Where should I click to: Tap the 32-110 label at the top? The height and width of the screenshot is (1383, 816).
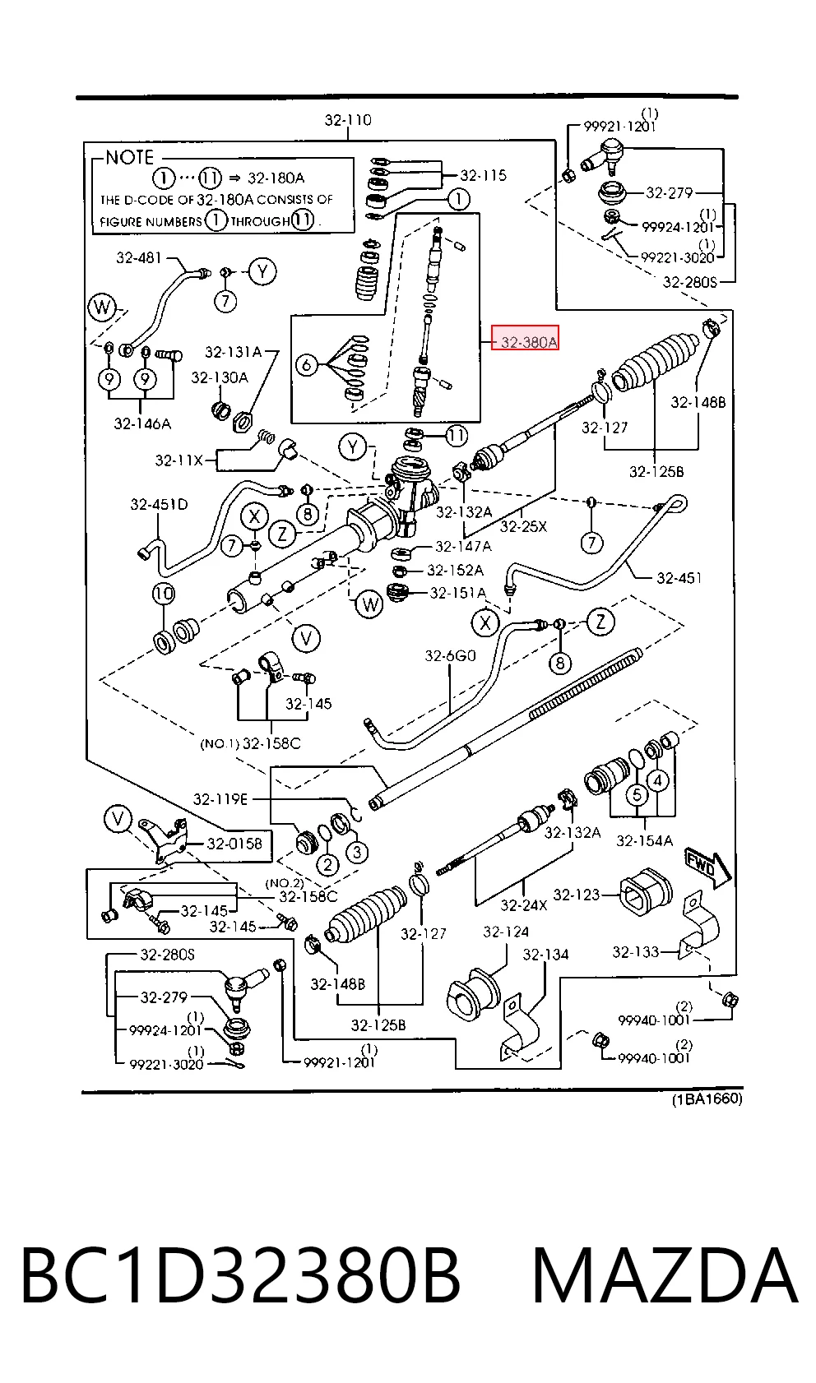tap(348, 120)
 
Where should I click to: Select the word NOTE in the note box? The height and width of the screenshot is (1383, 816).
tap(130, 157)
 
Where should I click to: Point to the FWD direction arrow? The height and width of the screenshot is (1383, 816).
tap(707, 867)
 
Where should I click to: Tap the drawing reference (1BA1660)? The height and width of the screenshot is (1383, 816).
tap(707, 1099)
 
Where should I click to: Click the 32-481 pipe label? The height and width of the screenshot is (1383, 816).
tap(138, 257)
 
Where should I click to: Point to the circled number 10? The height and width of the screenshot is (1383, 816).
tap(164, 594)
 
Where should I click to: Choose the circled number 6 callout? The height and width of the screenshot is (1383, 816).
tap(307, 366)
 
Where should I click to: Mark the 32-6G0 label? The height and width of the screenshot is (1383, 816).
tap(450, 655)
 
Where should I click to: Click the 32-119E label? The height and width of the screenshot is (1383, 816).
tap(220, 799)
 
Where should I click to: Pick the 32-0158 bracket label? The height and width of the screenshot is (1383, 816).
tap(234, 844)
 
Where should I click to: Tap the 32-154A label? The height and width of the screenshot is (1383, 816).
tap(644, 840)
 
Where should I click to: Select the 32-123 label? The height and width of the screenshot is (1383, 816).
tap(577, 894)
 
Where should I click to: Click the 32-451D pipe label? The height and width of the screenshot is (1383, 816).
tap(159, 504)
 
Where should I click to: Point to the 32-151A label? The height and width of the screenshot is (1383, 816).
tap(457, 593)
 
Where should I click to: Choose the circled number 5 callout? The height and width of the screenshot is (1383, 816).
tap(637, 794)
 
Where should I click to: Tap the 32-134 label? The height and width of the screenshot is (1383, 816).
tap(545, 955)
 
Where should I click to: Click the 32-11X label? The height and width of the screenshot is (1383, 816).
tap(179, 460)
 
